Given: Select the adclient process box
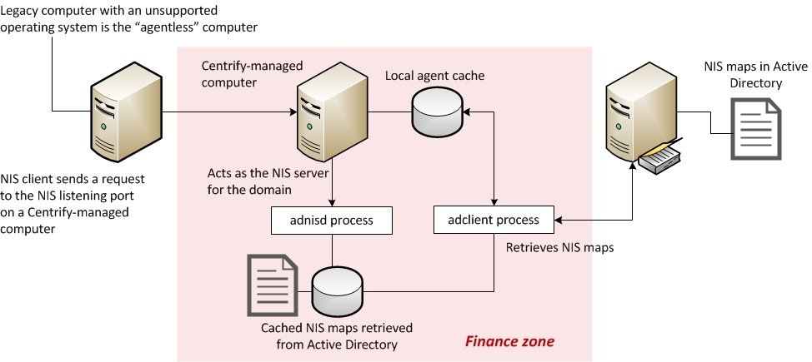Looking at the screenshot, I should pyautogui.click(x=495, y=221).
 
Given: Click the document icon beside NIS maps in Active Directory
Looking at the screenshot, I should pyautogui.click(x=756, y=129).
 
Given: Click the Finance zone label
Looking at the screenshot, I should pyautogui.click(x=509, y=342).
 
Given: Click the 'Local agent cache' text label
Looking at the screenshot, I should pyautogui.click(x=434, y=76).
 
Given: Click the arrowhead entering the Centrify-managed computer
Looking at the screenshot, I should pyautogui.click(x=292, y=112).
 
